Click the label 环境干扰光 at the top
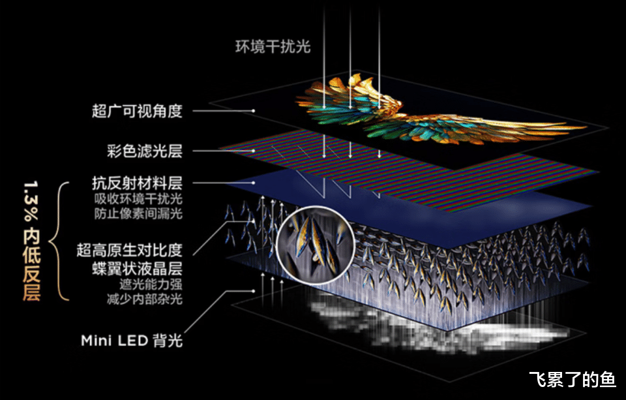coord(273,46)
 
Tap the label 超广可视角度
coord(137,111)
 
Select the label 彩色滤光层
coord(137,151)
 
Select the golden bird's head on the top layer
coord(356,81)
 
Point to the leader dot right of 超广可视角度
coord(254,111)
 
